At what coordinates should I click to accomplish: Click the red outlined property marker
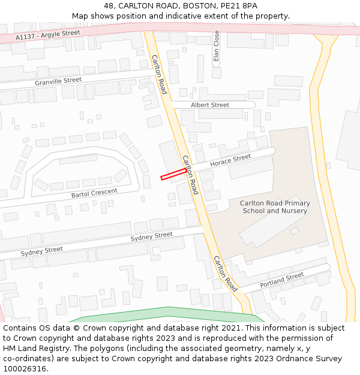click(173, 174)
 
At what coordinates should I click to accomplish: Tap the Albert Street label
click(210, 105)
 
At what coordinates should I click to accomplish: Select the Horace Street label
click(230, 159)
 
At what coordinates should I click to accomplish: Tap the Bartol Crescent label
click(94, 193)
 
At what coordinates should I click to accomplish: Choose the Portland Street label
click(282, 280)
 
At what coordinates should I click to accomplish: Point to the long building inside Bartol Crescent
click(78, 160)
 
